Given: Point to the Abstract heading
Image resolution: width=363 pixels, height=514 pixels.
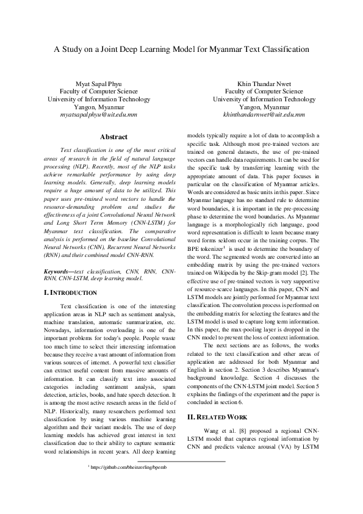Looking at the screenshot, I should point(113,137).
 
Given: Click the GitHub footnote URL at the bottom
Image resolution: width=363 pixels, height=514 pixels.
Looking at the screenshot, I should point(130,466).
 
